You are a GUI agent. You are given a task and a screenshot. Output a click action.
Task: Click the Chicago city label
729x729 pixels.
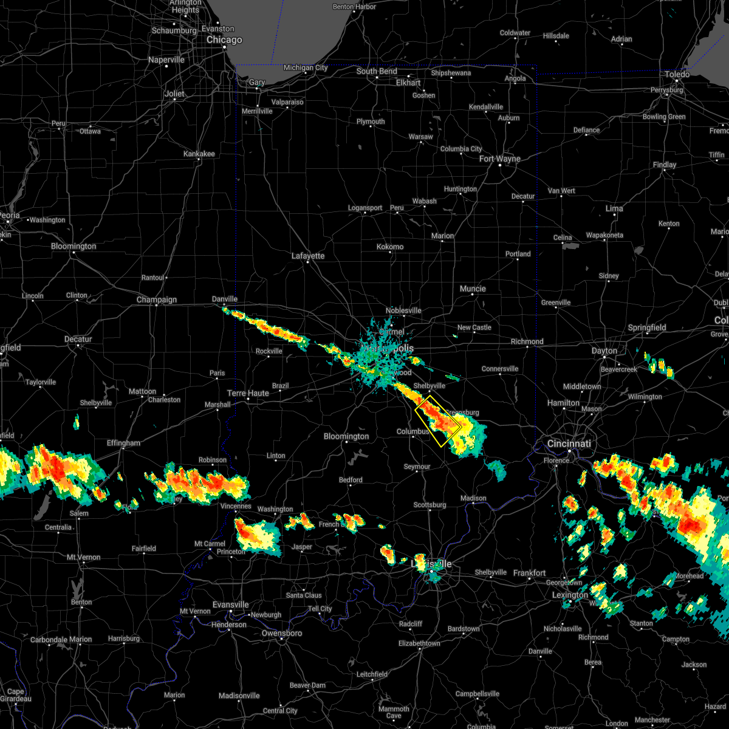coord(224,40)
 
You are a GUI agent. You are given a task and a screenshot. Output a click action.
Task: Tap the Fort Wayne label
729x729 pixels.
coord(499,159)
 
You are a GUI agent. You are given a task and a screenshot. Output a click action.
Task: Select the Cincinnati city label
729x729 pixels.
coord(570,444)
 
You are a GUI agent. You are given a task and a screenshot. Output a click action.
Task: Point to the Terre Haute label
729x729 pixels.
coord(248,394)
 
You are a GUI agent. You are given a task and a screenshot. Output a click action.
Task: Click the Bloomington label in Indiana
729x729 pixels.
coord(346,437)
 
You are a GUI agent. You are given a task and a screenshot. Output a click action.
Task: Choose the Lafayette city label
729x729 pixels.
coord(308,256)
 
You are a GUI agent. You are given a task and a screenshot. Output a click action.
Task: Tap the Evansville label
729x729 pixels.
coord(231,605)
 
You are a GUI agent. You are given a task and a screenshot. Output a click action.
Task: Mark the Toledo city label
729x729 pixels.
coord(677,75)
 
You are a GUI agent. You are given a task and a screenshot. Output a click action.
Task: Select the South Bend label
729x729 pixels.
coord(377,72)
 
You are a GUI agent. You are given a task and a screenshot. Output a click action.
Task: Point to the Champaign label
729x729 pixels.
coord(157,300)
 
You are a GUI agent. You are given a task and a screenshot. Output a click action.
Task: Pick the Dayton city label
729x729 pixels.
coord(604,351)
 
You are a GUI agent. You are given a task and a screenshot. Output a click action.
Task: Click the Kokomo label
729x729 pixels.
coord(390,247)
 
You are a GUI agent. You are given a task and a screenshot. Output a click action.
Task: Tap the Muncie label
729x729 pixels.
coord(473,289)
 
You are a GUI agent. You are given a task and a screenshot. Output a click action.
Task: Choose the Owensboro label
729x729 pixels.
coord(281,634)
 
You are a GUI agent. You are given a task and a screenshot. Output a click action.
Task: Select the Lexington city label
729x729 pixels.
coord(570,595)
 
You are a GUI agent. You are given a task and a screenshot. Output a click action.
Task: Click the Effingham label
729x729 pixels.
coord(123,443)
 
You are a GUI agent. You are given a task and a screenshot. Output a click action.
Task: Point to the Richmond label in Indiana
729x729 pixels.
coord(527,342)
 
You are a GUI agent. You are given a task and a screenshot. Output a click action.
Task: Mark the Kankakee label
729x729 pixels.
coord(199,154)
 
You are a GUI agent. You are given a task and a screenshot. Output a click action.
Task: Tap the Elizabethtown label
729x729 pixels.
coord(420,643)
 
